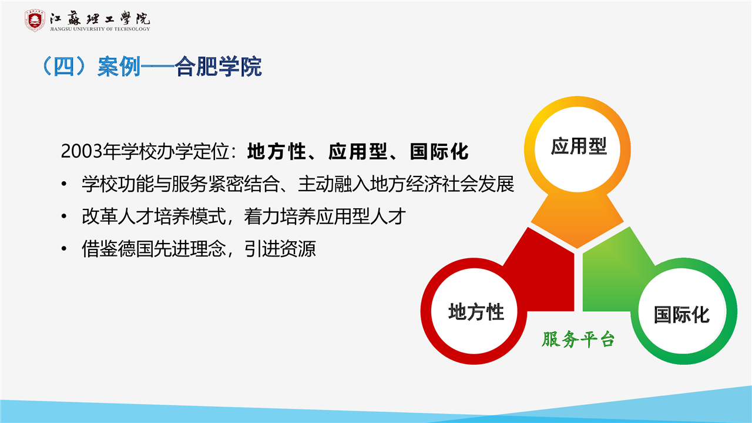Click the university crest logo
[35, 21]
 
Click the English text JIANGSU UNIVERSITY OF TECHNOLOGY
[100, 29]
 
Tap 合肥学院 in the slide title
[218, 66]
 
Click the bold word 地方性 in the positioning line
[277, 151]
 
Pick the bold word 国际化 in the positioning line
[439, 151]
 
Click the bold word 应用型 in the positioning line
[358, 151]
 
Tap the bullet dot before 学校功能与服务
[64, 184]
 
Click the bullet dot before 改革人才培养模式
[64, 217]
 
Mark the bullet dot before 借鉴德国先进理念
[64, 248]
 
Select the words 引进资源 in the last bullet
[280, 249]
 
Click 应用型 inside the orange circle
[579, 146]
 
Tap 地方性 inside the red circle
[476, 312]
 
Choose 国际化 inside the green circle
[681, 315]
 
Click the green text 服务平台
[578, 339]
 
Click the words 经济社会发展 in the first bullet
[460, 184]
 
